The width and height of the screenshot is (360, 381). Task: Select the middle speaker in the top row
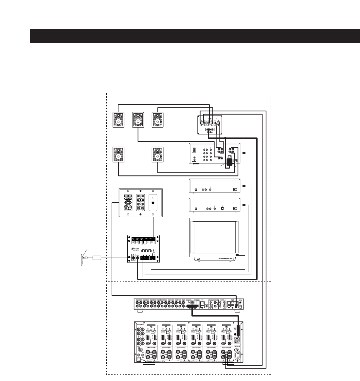point(138,120)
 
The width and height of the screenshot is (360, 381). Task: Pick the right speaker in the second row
point(158,154)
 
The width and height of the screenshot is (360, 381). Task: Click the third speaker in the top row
point(158,120)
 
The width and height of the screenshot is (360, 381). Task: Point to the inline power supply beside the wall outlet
point(97,258)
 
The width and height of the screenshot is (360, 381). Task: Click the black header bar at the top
point(195,36)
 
